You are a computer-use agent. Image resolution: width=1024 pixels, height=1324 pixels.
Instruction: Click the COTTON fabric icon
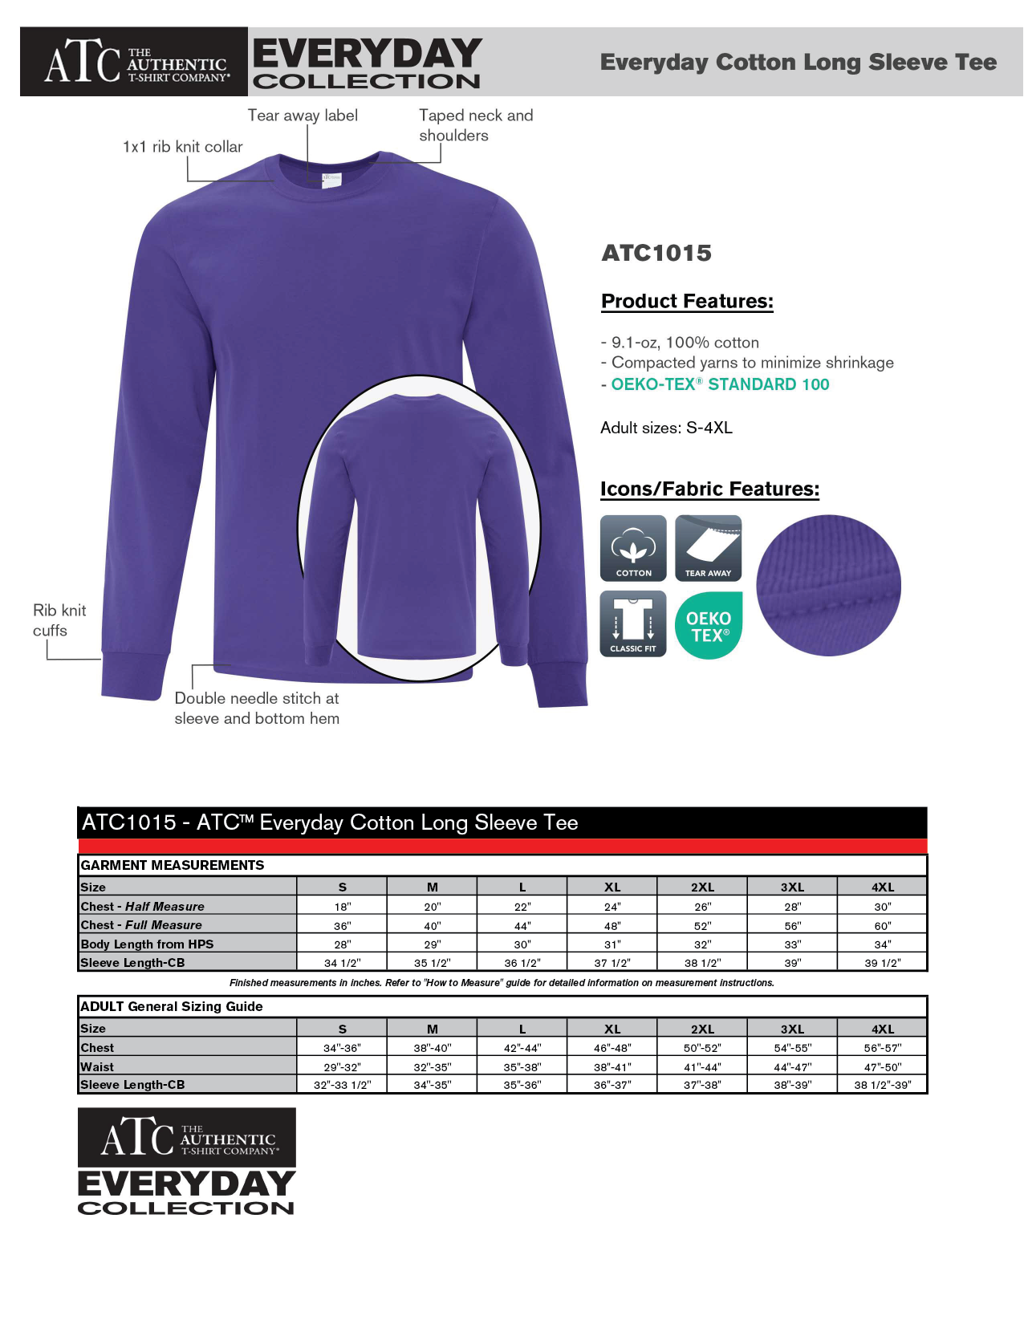[633, 548]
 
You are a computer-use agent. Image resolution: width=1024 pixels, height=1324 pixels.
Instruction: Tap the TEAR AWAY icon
[708, 548]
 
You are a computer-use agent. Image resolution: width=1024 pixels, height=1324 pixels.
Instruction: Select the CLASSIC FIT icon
[633, 623]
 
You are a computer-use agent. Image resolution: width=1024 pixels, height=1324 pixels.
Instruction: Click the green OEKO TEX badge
[709, 625]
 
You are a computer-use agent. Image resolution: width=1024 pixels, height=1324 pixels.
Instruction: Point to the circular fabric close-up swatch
[828, 586]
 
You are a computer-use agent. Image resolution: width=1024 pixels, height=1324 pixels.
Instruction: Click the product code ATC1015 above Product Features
[656, 254]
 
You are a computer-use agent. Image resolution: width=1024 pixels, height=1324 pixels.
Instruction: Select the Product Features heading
[687, 302]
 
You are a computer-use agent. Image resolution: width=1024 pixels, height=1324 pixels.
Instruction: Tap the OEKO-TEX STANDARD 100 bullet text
[720, 384]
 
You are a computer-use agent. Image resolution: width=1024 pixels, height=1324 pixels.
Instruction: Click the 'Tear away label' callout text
[303, 116]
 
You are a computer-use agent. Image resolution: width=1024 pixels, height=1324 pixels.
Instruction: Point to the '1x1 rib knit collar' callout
[182, 147]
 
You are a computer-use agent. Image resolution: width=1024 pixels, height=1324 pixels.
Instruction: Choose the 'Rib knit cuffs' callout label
[59, 620]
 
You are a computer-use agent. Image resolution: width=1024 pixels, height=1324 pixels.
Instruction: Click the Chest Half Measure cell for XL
[612, 907]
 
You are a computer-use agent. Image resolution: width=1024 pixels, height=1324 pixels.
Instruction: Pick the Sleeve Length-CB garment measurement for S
[343, 963]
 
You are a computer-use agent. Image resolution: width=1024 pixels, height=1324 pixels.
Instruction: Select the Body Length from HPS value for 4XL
[882, 944]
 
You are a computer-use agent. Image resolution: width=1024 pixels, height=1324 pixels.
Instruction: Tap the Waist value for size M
[433, 1067]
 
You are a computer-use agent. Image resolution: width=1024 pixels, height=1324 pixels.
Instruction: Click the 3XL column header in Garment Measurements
[792, 887]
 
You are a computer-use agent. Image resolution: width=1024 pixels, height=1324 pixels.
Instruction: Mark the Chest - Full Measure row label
[141, 925]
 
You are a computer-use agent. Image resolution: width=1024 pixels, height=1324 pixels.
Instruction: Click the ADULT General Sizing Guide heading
[172, 1007]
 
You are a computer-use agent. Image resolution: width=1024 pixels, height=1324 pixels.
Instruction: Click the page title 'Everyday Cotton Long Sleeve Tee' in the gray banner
[798, 63]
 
